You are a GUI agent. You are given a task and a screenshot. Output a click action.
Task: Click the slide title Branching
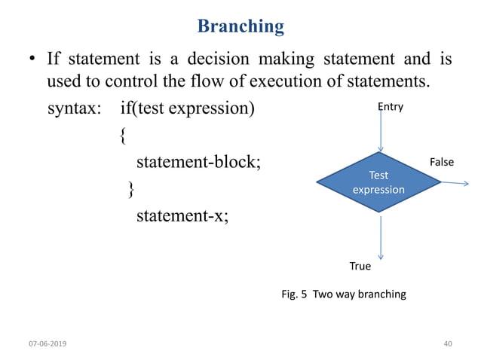pos(240,26)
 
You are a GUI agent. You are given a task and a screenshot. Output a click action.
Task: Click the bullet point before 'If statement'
pos(33,59)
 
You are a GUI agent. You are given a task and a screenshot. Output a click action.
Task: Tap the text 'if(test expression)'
pos(187,108)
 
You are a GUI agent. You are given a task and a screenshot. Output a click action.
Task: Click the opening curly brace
pos(123,136)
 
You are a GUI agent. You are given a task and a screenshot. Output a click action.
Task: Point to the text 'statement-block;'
pos(198,162)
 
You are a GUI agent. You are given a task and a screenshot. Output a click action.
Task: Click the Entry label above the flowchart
pos(391,107)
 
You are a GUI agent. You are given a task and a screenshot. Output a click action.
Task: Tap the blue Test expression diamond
pos(378,182)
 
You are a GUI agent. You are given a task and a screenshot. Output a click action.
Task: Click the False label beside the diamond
pos(441,162)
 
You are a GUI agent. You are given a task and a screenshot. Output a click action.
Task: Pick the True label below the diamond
pos(360,266)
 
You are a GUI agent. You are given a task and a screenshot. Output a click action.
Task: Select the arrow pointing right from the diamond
pos(455,182)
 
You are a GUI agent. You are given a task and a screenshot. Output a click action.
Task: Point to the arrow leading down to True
pos(381,237)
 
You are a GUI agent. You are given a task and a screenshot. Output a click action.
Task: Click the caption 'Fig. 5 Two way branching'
pos(343,294)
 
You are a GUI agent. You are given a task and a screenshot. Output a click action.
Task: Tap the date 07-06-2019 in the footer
pos(47,343)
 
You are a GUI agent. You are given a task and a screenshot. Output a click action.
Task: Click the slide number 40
pos(448,343)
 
